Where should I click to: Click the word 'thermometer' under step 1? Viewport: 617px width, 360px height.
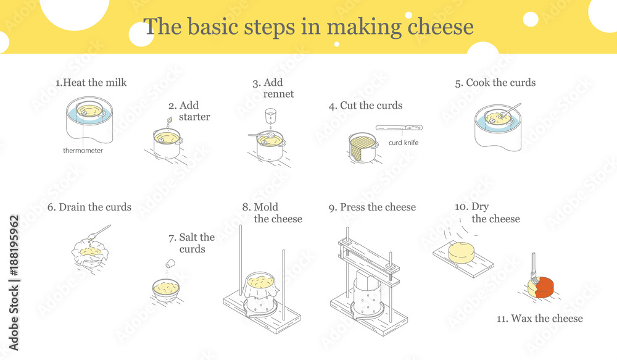tap(83, 151)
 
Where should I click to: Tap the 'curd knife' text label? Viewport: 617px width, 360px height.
tap(404, 143)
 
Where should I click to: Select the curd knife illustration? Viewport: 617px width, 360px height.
tap(399, 128)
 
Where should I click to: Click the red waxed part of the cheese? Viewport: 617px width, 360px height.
tap(545, 287)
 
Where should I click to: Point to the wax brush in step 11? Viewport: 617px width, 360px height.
tap(533, 267)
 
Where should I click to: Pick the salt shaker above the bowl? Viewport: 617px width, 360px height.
tap(170, 263)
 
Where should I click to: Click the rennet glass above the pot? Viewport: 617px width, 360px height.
tap(270, 115)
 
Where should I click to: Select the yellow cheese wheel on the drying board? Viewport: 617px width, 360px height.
tap(461, 253)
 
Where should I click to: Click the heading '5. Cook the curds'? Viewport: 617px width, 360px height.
tap(495, 83)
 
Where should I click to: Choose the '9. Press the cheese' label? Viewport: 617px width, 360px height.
tap(372, 207)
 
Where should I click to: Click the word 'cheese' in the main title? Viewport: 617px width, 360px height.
tap(441, 27)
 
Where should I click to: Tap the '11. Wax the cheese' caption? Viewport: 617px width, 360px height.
tap(539, 318)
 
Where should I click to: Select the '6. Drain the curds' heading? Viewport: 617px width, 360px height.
tap(89, 207)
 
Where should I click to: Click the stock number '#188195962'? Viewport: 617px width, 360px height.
tap(14, 245)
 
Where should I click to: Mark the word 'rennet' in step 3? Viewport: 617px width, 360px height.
tap(278, 94)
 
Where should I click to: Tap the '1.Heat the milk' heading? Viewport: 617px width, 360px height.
tap(91, 83)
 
